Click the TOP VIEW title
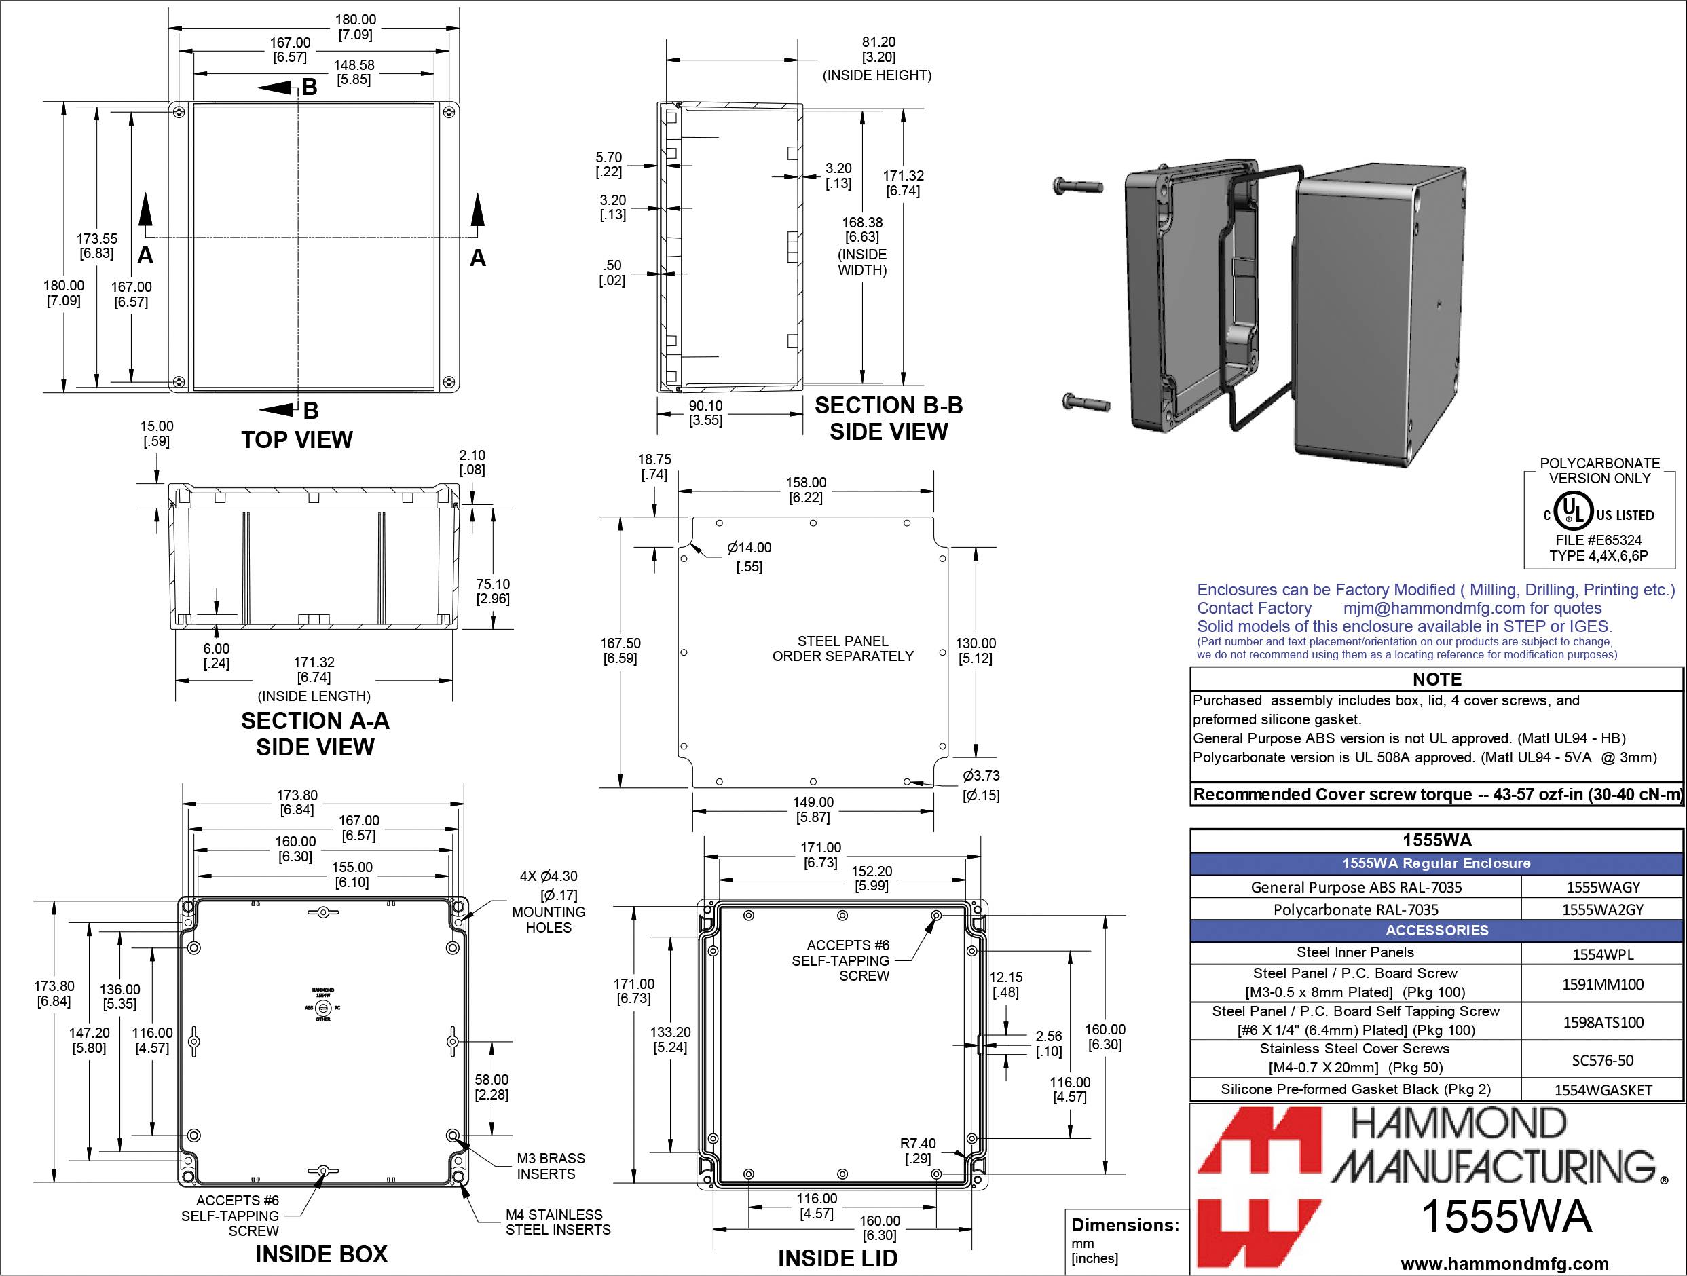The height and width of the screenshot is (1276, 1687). tap(297, 440)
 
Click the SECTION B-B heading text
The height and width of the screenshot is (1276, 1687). tap(889, 406)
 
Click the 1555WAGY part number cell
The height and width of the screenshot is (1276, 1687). tap(1602, 887)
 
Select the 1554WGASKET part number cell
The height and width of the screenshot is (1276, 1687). tap(1602, 1090)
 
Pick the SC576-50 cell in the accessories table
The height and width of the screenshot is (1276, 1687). tap(1602, 1060)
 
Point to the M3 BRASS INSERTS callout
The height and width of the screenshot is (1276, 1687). tap(551, 1165)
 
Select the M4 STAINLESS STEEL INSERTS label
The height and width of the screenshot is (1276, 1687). tap(557, 1222)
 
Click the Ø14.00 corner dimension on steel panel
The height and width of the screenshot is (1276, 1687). tap(749, 548)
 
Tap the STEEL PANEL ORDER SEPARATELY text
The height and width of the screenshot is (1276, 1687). tap(842, 649)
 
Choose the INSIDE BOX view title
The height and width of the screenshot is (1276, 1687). tap(321, 1255)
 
